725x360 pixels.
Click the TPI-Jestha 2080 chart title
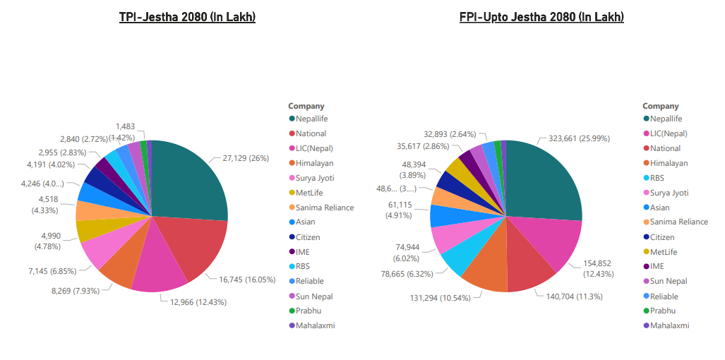[187, 17]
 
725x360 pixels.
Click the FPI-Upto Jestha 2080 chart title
[541, 17]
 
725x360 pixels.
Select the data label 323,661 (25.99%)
[574, 138]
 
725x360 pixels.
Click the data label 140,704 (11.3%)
[575, 296]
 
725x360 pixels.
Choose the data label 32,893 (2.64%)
[450, 133]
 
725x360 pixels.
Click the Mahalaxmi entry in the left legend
[314, 325]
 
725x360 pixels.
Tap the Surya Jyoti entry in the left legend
[314, 178]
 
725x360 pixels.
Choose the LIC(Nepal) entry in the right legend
[668, 133]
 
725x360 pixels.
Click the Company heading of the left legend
[306, 106]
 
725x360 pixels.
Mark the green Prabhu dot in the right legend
[646, 311]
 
